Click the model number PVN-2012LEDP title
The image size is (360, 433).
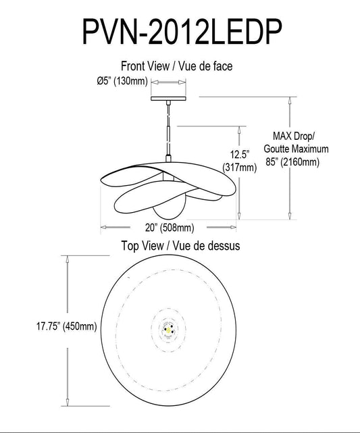click(x=180, y=31)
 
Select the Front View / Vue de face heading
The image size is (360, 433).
click(x=177, y=66)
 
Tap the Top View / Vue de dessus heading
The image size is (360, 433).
click(x=180, y=246)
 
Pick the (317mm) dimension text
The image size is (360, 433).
click(x=239, y=168)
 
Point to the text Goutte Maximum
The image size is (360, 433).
click(x=296, y=149)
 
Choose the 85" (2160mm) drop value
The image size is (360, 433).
click(x=292, y=162)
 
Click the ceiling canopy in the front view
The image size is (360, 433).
click(x=169, y=99)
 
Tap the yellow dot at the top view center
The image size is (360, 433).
click(x=165, y=329)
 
